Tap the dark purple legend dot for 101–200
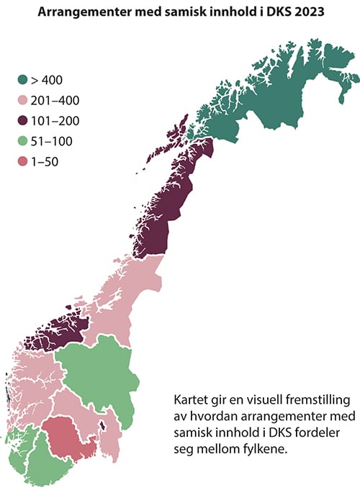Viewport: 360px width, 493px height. click(24, 122)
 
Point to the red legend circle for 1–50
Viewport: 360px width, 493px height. click(24, 162)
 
